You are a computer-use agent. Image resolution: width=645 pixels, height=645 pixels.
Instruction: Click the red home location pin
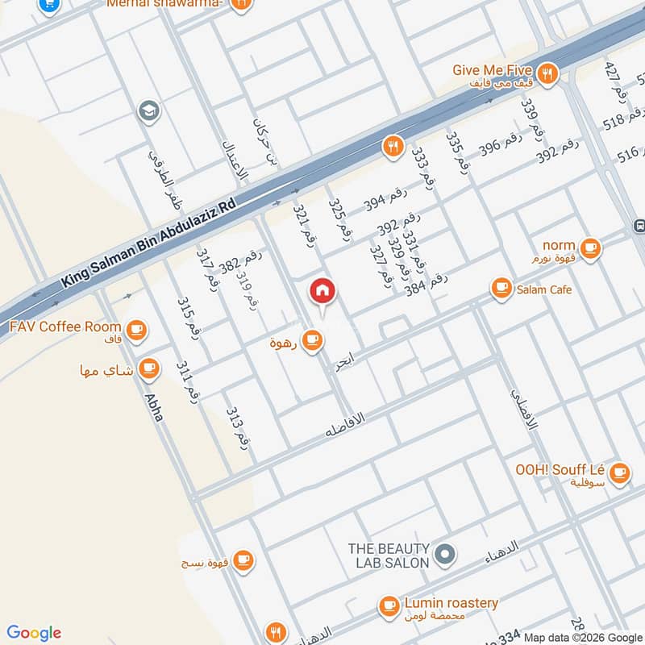tap(322, 292)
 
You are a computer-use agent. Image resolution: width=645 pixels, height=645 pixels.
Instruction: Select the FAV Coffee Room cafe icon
tap(135, 328)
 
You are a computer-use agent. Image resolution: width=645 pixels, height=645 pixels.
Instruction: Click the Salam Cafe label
tap(544, 289)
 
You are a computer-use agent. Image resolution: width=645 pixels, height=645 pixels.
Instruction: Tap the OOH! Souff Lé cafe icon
tap(619, 472)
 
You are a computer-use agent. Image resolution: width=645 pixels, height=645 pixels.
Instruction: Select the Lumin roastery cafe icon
tap(389, 605)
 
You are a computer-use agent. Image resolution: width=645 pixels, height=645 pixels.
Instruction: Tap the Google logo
tap(34, 633)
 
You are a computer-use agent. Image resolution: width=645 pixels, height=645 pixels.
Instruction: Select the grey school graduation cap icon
tap(148, 110)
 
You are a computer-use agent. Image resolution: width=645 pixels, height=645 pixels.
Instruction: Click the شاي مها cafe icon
tap(148, 368)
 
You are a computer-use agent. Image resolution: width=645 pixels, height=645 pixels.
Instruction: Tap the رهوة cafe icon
tap(313, 341)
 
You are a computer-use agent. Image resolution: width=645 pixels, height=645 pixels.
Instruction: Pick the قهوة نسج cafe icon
tap(243, 560)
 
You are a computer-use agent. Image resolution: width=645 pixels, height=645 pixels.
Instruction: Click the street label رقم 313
tap(240, 427)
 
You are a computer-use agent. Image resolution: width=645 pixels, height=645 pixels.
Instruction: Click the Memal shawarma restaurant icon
tap(239, 4)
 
